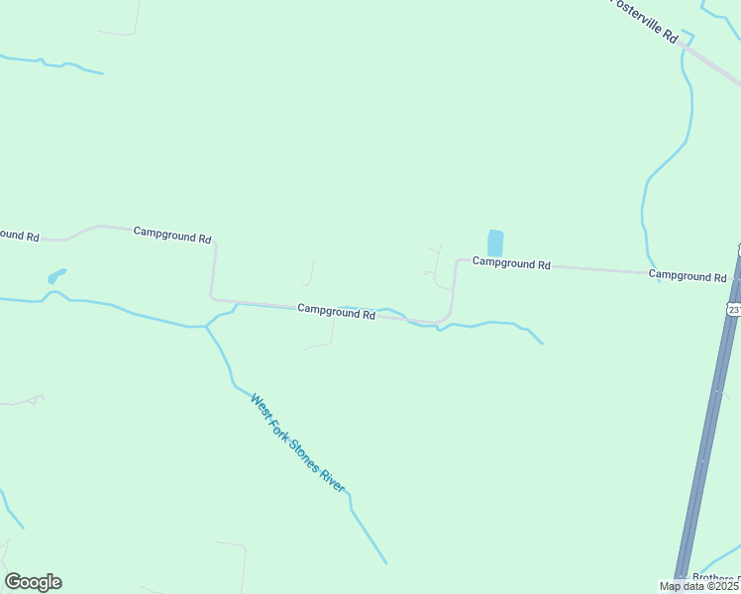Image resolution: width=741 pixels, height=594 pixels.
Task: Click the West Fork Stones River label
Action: point(297,444)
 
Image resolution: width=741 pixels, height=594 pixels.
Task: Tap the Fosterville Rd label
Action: point(644,20)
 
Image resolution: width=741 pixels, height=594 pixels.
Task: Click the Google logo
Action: point(33,582)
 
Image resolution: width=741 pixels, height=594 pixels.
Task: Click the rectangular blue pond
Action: point(495,244)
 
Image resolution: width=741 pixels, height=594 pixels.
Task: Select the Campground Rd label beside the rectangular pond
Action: point(511,263)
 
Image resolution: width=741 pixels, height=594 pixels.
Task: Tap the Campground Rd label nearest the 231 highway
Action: point(688,275)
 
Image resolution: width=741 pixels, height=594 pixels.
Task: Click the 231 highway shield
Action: point(734,310)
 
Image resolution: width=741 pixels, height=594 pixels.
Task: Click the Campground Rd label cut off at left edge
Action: point(18,236)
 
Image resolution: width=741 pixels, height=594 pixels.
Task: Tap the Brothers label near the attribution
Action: point(715,578)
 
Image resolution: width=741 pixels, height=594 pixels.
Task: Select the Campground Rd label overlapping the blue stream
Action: point(337,312)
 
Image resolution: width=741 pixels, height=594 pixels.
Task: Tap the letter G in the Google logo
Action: point(13,582)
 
